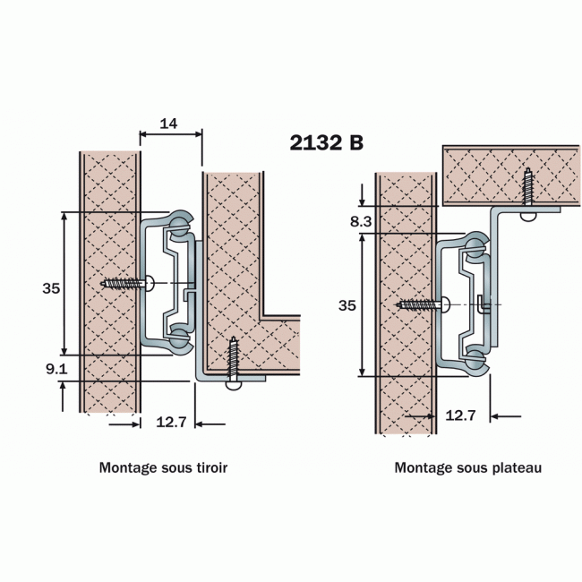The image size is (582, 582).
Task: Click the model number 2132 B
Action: coord(327,143)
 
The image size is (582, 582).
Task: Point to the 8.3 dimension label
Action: coord(360,219)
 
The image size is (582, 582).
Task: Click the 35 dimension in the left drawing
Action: coord(51,287)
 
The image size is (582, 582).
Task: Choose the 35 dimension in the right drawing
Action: coord(347,305)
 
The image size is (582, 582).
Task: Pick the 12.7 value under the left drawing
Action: coord(169,422)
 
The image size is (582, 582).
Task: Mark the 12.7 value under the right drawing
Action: coord(460,415)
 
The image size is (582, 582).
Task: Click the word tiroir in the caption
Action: coord(222,467)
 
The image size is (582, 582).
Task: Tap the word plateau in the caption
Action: coord(518,467)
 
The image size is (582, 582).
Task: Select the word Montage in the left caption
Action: coord(126,467)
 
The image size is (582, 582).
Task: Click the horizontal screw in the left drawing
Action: coord(127,283)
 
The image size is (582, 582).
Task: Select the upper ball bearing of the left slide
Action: coord(180,222)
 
